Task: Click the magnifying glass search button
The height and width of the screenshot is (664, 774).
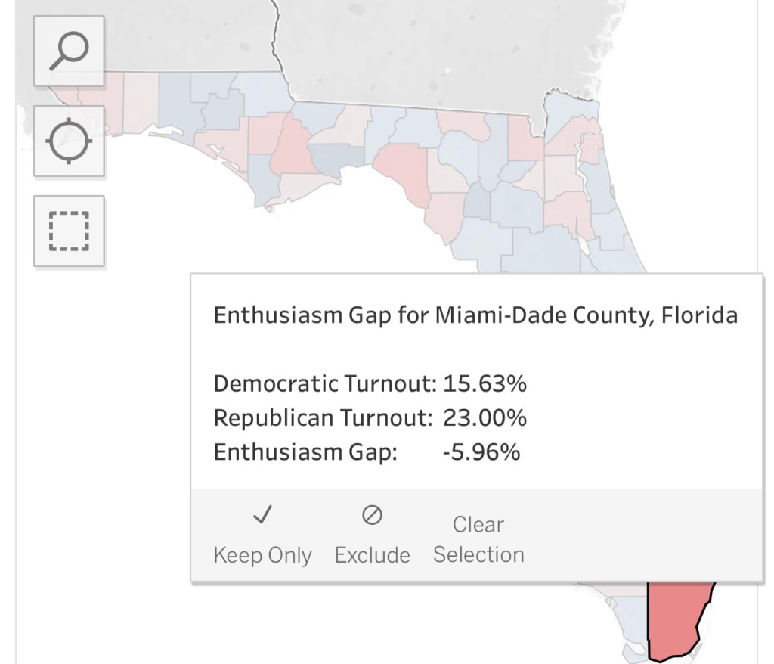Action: tap(69, 50)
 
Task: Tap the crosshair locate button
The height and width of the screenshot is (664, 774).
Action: tap(69, 141)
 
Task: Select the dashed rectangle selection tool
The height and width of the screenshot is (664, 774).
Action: tap(69, 231)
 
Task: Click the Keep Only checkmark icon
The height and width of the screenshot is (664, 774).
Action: tap(262, 516)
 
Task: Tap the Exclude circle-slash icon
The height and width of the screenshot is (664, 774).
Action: tap(372, 516)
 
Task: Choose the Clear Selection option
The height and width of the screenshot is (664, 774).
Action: tap(478, 539)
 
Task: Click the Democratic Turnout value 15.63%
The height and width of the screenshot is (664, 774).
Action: tap(485, 383)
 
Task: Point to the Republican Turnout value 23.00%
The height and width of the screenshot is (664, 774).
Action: tap(485, 417)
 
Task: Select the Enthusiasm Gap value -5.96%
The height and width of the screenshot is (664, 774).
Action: tap(481, 452)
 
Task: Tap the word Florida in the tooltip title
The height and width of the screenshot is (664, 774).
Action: tap(699, 315)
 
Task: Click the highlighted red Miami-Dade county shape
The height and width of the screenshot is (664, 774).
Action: tap(676, 620)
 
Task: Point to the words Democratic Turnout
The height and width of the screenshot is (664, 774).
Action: tap(325, 383)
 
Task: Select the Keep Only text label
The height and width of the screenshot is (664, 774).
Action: tap(262, 555)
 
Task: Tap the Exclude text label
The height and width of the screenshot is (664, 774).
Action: tap(372, 555)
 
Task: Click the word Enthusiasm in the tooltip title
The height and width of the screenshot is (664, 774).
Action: tap(277, 315)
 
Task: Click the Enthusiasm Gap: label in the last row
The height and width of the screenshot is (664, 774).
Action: tap(305, 452)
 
